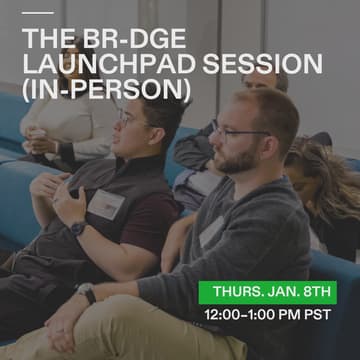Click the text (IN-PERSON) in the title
106,90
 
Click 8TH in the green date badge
321,293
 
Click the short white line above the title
37,13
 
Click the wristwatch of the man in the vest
77,227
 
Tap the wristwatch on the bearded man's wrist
87,293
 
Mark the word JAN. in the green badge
279,293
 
